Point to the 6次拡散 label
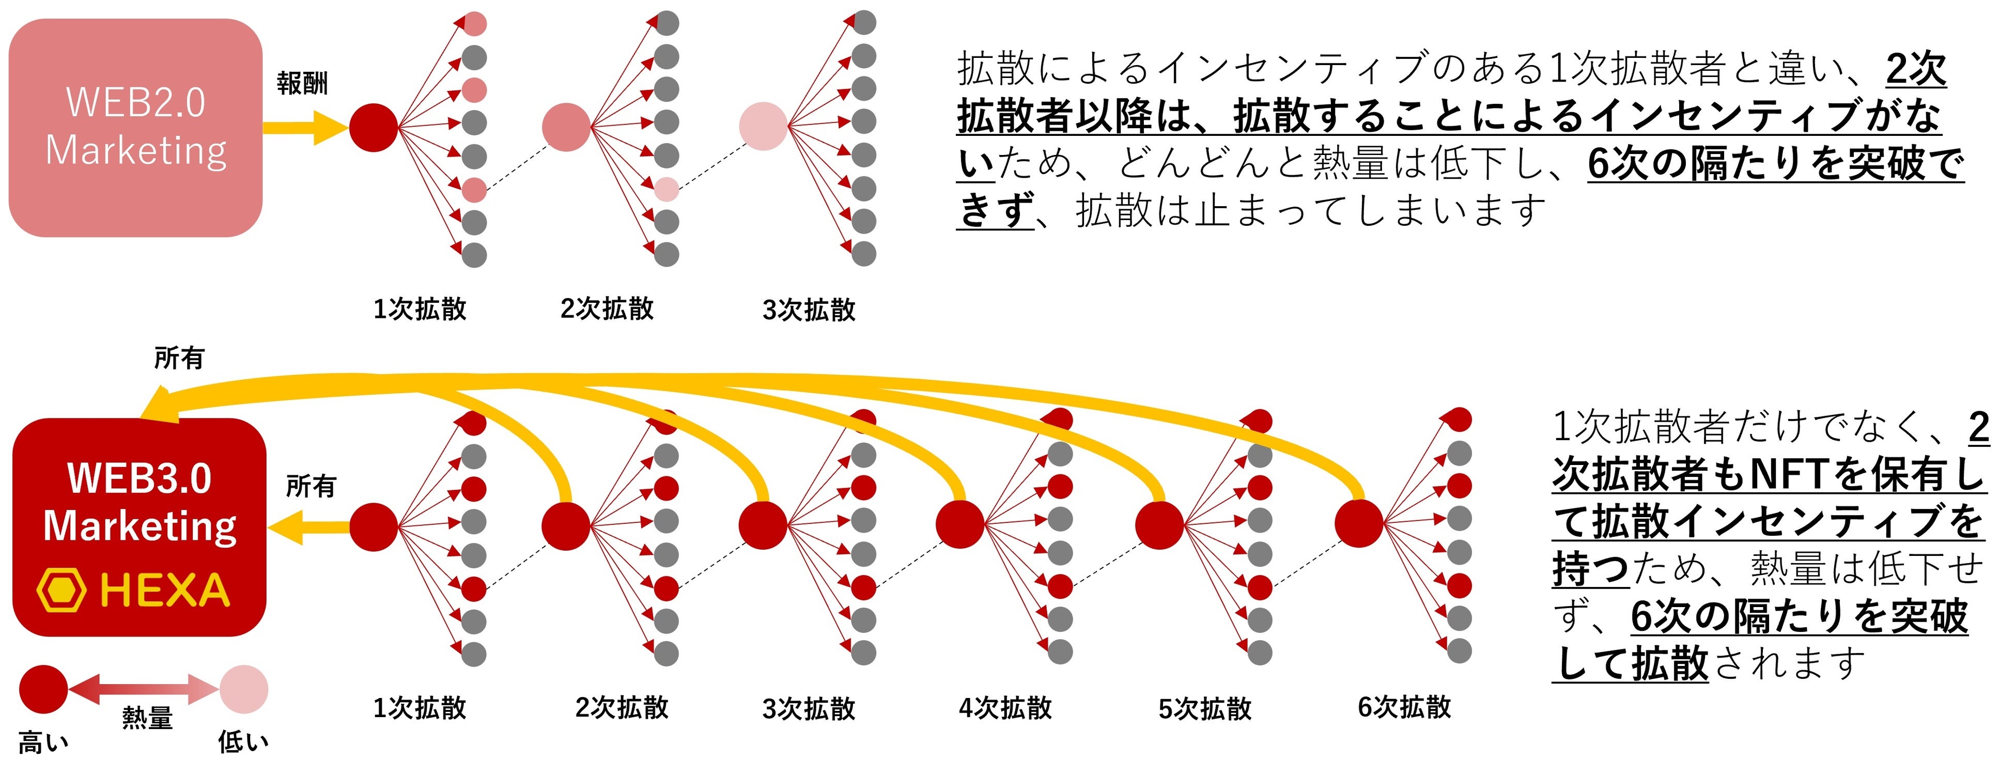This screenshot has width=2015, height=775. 1404,707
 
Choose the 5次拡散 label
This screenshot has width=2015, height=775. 1205,708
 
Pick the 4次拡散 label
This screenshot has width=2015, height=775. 1005,708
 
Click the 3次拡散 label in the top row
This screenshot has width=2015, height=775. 809,309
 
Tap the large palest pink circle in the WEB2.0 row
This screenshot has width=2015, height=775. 763,127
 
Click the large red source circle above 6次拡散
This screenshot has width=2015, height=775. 1359,523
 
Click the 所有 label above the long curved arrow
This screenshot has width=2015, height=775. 179,358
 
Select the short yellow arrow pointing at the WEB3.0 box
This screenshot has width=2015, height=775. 309,526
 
